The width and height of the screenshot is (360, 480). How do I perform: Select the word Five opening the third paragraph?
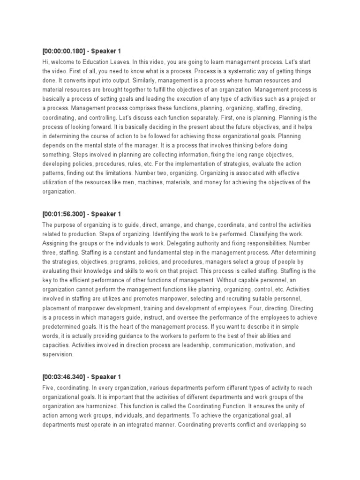(49, 389)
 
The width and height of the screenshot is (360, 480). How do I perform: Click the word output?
(116, 80)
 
